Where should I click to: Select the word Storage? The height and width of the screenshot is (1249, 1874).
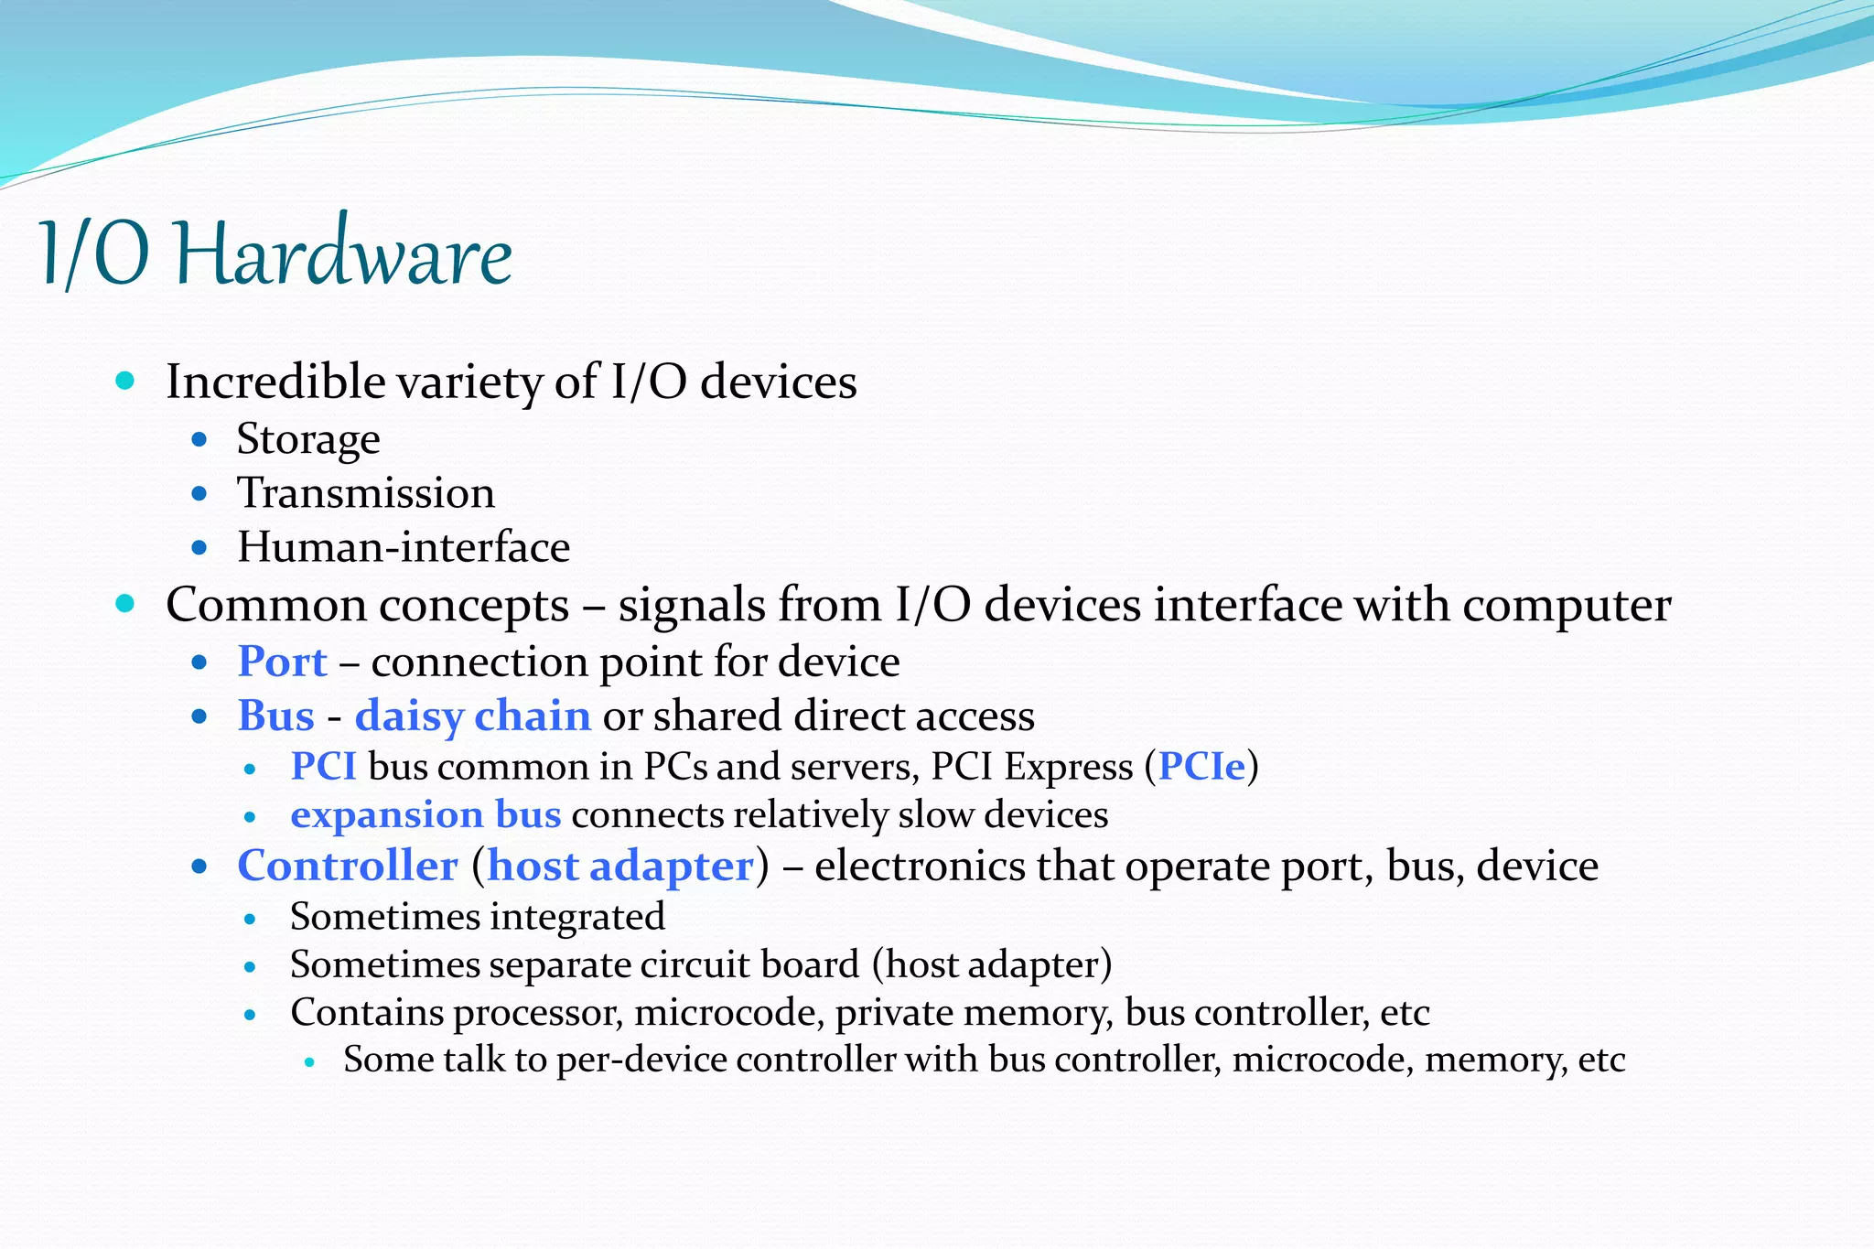(308, 440)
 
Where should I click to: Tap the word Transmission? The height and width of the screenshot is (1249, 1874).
(366, 494)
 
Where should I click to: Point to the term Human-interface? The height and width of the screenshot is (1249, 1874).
(404, 548)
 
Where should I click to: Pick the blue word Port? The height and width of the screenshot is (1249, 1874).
(282, 662)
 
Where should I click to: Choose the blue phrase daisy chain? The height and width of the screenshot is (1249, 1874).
(472, 716)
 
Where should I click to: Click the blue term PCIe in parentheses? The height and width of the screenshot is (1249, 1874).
(1201, 767)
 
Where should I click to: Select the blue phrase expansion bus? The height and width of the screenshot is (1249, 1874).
(425, 814)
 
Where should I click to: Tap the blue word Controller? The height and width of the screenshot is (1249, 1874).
(348, 866)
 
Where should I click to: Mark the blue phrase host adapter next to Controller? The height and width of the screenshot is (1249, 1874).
(620, 866)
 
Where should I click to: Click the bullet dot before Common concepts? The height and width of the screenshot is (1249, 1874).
(126, 604)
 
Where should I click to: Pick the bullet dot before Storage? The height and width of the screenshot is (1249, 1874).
(199, 440)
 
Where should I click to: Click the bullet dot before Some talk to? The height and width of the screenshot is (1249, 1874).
(309, 1061)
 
